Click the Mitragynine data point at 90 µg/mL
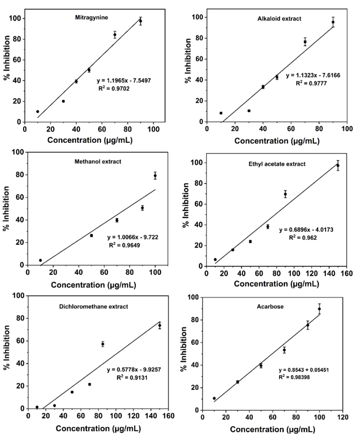[141, 21]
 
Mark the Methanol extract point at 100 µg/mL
[155, 176]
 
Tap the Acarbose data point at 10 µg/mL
[214, 398]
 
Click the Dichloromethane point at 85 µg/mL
[102, 344]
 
